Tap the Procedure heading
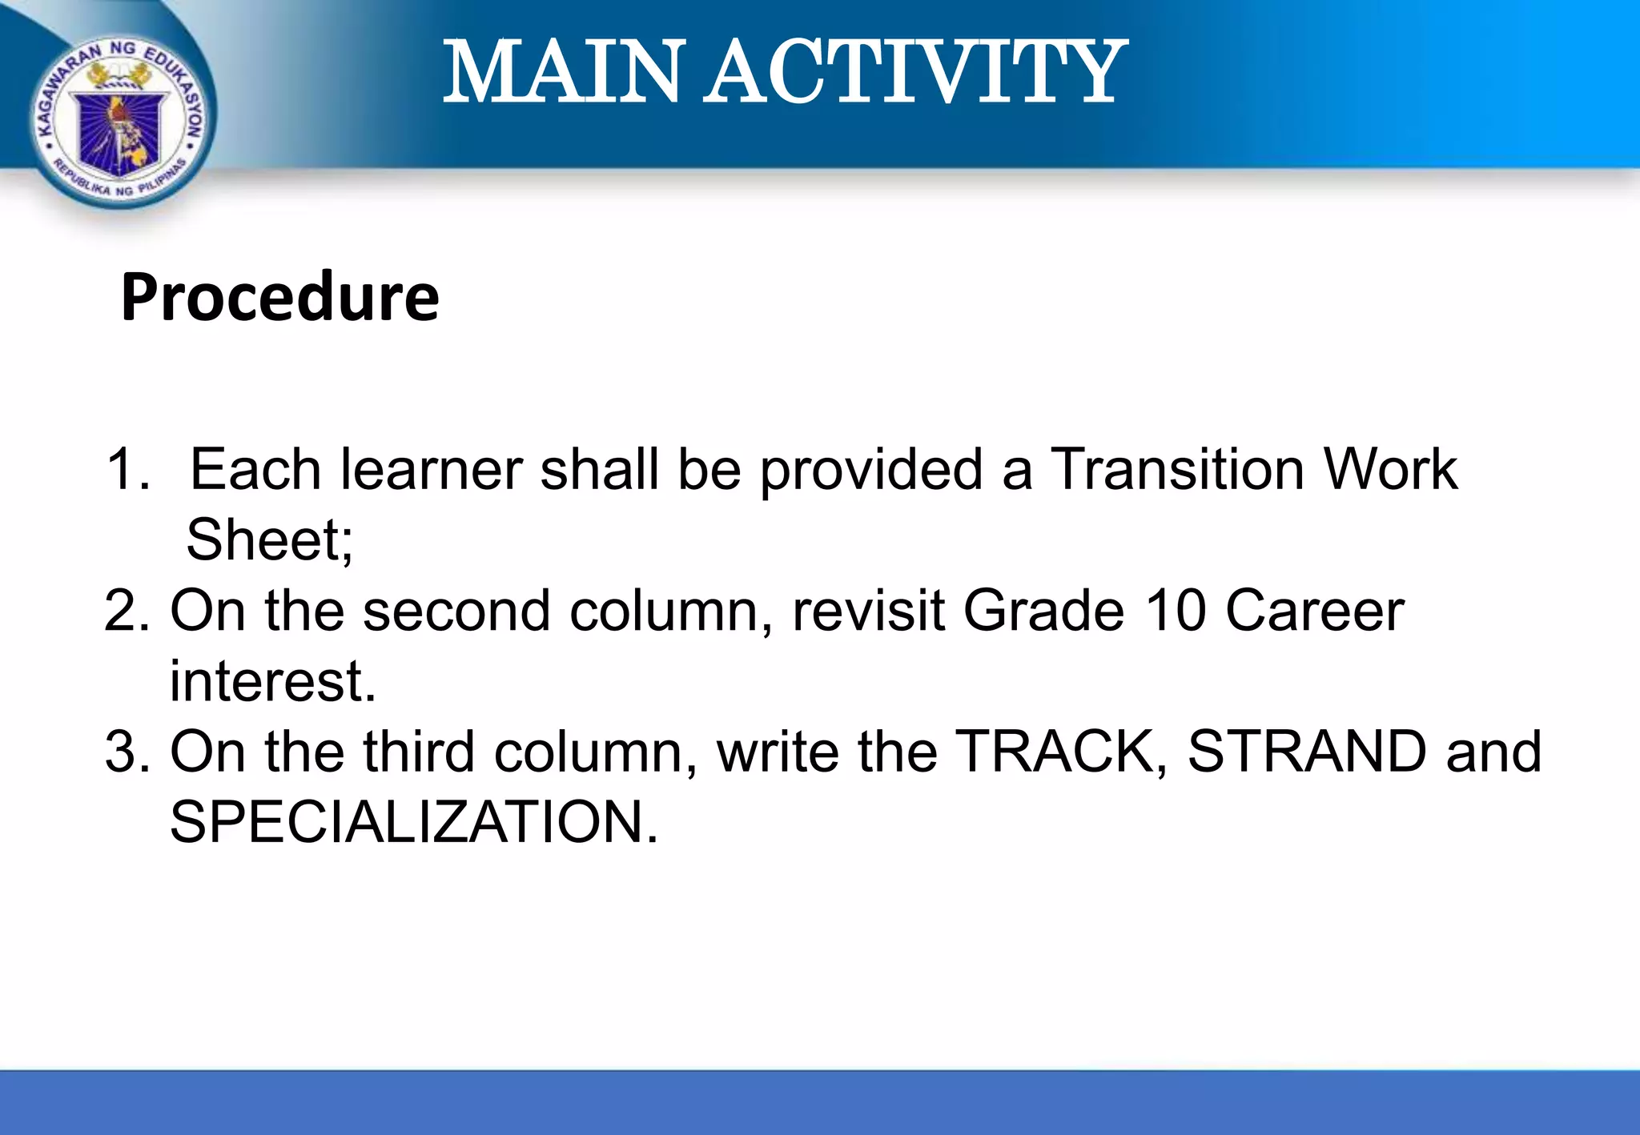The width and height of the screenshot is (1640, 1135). click(x=279, y=297)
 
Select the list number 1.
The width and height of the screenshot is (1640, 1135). click(x=127, y=469)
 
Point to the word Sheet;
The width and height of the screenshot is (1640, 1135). click(x=269, y=540)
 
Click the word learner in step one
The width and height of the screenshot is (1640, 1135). click(x=431, y=469)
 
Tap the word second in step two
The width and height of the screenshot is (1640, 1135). click(x=456, y=611)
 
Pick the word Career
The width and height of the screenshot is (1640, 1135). click(x=1314, y=611)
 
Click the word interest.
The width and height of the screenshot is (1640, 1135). click(x=272, y=681)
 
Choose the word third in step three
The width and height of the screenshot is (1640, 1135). click(x=419, y=752)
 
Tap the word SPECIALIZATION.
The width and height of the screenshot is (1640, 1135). click(x=413, y=822)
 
